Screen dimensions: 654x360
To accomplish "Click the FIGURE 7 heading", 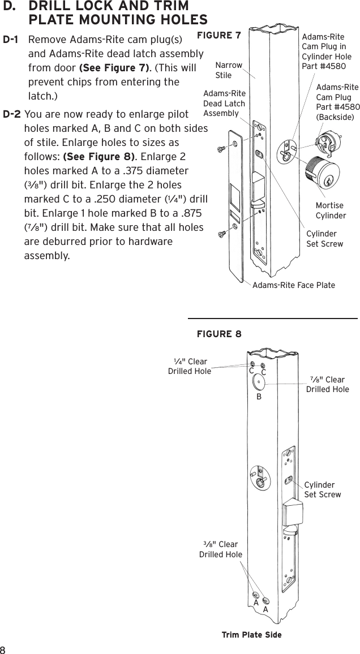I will click(218, 36).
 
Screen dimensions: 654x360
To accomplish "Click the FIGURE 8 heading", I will click(218, 334).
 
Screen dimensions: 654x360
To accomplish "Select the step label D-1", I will click(12, 41).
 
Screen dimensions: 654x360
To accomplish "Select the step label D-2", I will click(12, 114).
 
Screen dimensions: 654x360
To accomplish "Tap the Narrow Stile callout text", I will click(228, 70).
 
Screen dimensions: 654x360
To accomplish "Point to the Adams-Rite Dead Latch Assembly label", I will click(224, 104).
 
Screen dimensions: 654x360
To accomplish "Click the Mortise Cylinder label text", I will click(330, 210).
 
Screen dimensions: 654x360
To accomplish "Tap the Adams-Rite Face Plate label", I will click(293, 285).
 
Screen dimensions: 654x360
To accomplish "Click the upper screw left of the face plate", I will click(222, 148).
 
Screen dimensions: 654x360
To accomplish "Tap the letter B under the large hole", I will click(258, 397).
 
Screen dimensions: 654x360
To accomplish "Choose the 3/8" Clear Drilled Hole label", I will click(220, 549).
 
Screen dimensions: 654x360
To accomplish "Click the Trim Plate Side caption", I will click(251, 635).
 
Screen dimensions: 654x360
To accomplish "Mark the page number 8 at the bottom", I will click(4, 648).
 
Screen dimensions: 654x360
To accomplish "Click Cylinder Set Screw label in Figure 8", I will click(322, 490).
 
